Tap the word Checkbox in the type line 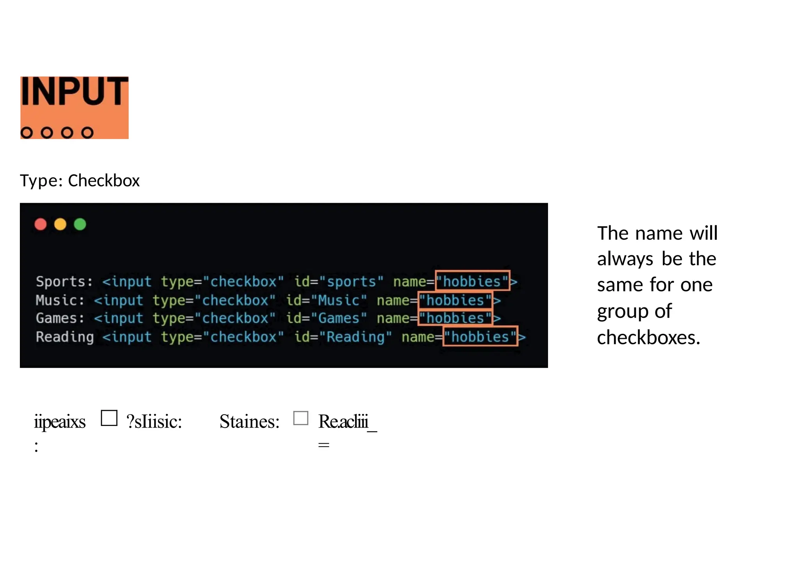(104, 181)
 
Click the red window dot (41, 224)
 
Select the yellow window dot (60, 224)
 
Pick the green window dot (80, 224)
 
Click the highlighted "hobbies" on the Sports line (472, 281)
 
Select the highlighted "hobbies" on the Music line (455, 300)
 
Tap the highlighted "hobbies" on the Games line (455, 318)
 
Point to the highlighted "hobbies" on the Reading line (480, 337)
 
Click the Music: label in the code (60, 300)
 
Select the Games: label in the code (60, 318)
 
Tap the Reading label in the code (65, 337)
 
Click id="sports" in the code (339, 282)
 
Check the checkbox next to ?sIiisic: (109, 418)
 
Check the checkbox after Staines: (300, 418)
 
